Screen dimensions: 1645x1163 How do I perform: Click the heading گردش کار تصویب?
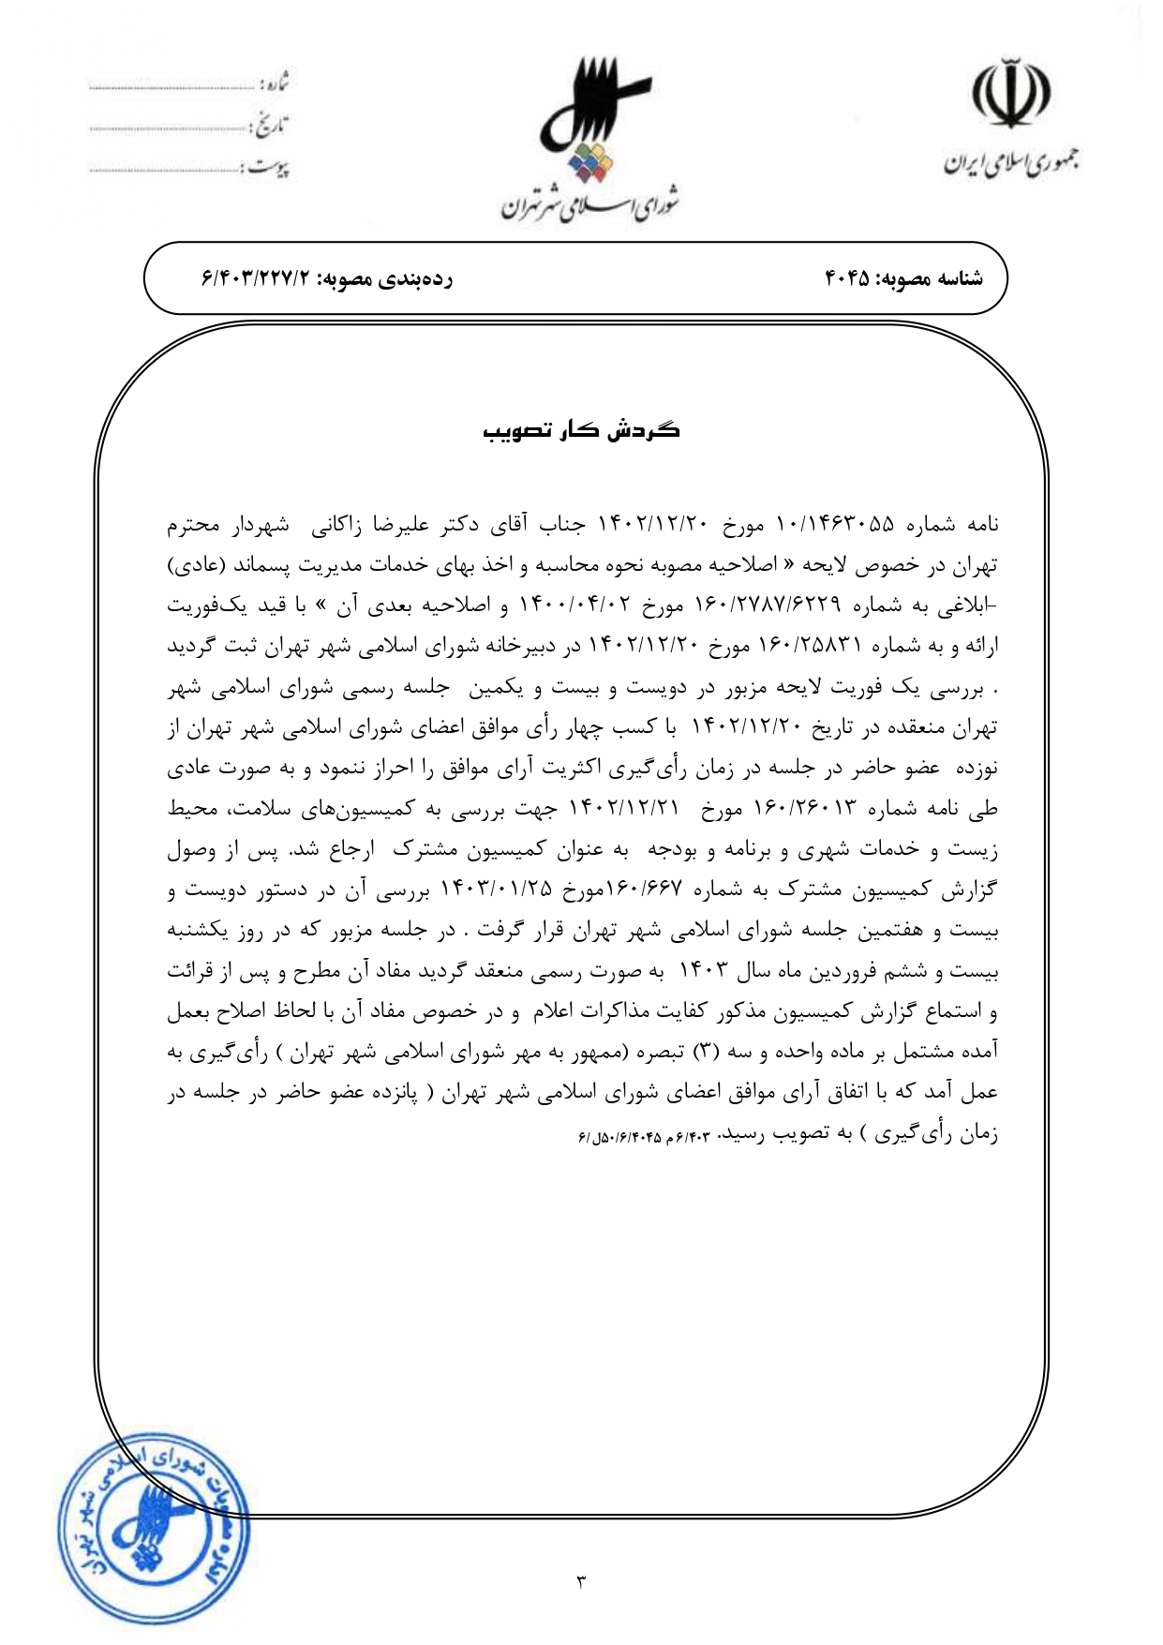coord(581,430)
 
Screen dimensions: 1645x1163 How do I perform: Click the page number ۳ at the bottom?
coord(580,1582)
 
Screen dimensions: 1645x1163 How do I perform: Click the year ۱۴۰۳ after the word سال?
coord(702,970)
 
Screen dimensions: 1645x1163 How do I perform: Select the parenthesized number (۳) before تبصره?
coord(704,1052)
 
